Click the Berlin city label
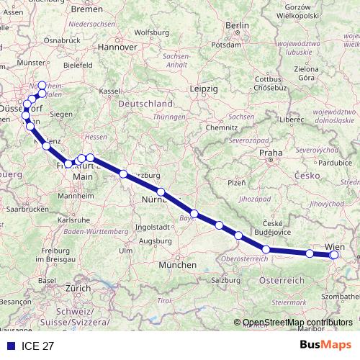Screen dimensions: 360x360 pos(237,25)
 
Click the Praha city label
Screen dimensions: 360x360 pos(270,153)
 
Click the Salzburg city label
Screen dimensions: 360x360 pos(225,279)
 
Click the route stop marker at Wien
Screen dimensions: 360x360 pos(333,254)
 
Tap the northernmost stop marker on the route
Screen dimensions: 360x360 pos(42,85)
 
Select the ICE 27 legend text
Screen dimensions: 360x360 pos(37,346)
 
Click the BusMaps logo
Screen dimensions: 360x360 pos(325,346)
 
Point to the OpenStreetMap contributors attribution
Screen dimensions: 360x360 pos(294,323)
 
